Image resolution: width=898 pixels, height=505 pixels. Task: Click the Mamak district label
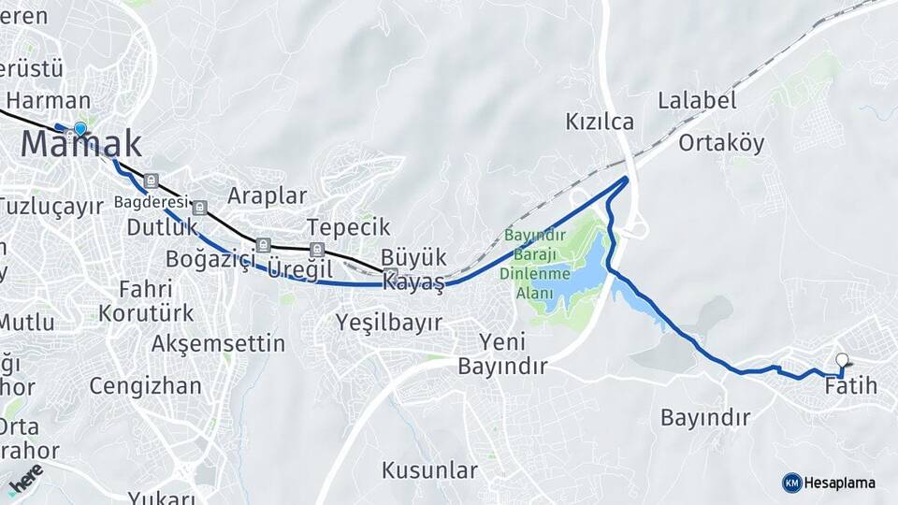(x=81, y=144)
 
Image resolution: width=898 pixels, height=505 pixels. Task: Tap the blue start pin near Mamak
(x=80, y=129)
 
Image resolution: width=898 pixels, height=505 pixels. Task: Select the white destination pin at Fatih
(x=843, y=361)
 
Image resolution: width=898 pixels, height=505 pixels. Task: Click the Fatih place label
(x=850, y=385)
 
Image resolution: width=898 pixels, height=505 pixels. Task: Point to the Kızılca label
(x=600, y=122)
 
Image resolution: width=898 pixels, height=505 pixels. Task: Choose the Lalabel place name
(x=697, y=100)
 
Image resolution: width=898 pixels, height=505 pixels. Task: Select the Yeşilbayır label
(x=388, y=323)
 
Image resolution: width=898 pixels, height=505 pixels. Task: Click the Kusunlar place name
(x=429, y=469)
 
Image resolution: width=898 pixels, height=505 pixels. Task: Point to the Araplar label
(x=268, y=196)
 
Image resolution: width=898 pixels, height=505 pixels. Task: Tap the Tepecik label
(x=348, y=228)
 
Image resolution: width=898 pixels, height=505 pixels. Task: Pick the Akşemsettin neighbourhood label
(x=218, y=343)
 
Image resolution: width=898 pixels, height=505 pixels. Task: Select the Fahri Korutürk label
(x=146, y=300)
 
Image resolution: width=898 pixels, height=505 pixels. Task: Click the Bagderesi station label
(x=151, y=201)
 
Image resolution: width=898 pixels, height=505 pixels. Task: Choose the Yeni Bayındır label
(x=501, y=353)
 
